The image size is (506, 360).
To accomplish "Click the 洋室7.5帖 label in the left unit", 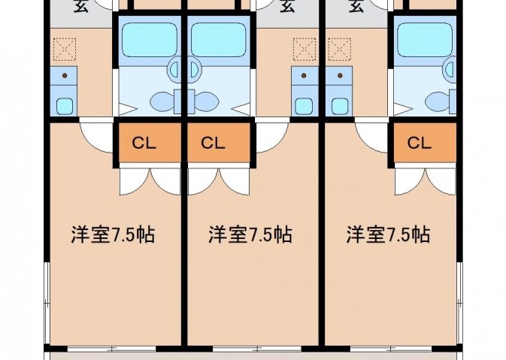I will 113,234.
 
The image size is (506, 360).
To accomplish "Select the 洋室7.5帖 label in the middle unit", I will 250,234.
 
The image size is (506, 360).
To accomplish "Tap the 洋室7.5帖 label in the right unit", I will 388,234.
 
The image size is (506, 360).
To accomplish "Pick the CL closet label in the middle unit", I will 213,143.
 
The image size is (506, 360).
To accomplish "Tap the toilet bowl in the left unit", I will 161,100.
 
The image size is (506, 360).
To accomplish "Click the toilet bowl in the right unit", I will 436,100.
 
